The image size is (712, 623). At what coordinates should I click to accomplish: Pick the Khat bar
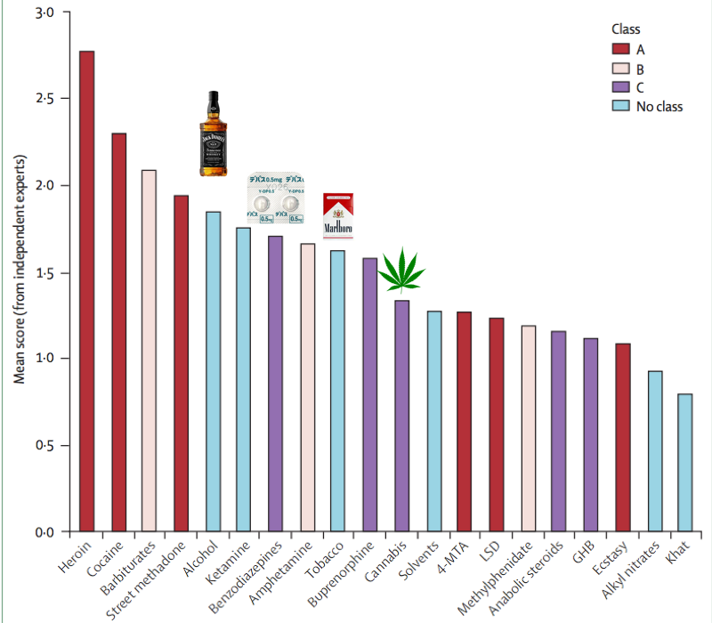[684, 463]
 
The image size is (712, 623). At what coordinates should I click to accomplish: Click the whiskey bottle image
[213, 133]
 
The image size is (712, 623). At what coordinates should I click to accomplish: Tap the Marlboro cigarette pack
[337, 216]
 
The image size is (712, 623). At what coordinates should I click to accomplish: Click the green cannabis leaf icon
[401, 271]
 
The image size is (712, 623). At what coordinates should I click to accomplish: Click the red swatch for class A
[619, 48]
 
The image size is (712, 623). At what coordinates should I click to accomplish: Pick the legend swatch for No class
[619, 106]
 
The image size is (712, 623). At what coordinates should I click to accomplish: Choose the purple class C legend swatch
[619, 86]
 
